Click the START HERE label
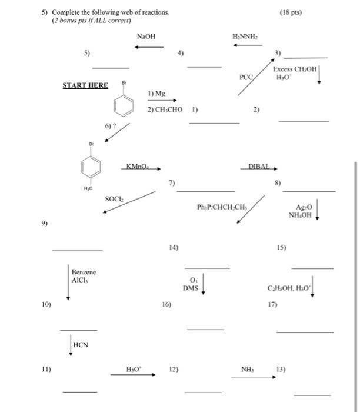point(85,85)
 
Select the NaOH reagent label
point(146,36)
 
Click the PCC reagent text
point(245,77)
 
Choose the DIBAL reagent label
point(259,167)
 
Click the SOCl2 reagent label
point(115,200)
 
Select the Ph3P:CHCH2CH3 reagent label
point(222,207)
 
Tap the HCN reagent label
point(81,345)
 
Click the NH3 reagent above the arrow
point(246,370)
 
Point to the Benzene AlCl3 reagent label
point(83,276)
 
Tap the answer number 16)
point(166,305)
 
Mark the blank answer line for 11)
point(80,391)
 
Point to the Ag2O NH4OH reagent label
point(303,211)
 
